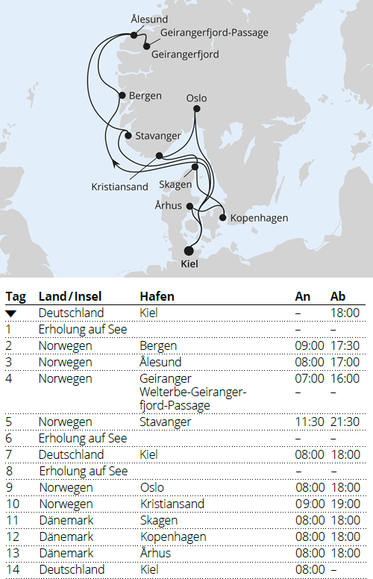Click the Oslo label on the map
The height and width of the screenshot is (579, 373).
[x=196, y=98]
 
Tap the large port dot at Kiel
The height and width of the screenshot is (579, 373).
[x=188, y=250]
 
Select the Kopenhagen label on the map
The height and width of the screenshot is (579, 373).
[x=260, y=218]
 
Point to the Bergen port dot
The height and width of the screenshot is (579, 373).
[x=122, y=95]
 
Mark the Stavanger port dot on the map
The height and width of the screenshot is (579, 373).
[x=128, y=136]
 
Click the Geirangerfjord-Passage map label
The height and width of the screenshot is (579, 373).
[x=214, y=33]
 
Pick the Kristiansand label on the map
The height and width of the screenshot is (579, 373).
[x=120, y=187]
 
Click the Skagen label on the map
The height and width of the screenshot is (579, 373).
[x=175, y=184]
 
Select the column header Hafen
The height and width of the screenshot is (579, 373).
[x=157, y=296]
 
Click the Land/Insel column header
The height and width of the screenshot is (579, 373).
[x=68, y=296]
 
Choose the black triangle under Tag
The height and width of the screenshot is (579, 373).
[x=10, y=313]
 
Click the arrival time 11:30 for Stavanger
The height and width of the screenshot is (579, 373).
[x=309, y=422]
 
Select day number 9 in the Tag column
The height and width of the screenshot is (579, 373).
[x=9, y=487]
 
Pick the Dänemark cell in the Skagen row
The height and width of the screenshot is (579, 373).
[x=66, y=520]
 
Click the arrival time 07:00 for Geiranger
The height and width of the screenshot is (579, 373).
[x=309, y=378]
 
